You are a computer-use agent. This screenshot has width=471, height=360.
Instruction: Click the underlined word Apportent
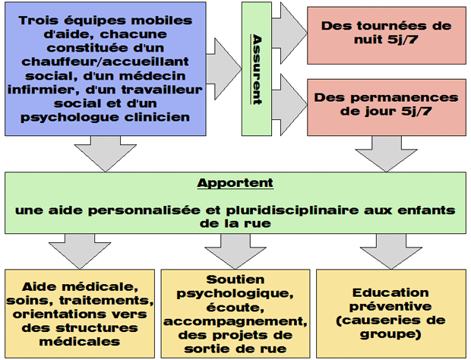(235, 183)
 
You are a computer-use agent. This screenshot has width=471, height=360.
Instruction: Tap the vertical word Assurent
(257, 69)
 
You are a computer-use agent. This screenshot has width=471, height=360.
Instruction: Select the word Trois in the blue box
(38, 21)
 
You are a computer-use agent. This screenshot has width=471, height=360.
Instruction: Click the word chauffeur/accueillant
(105, 62)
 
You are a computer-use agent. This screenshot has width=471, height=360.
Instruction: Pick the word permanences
(405, 97)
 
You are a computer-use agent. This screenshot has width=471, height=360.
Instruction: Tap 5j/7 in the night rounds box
(403, 39)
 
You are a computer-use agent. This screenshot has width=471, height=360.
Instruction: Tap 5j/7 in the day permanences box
(416, 112)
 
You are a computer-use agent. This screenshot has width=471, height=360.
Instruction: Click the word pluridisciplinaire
(292, 210)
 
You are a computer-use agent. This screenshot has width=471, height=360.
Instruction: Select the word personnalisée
(144, 210)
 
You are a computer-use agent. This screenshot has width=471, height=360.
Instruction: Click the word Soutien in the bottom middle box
(235, 279)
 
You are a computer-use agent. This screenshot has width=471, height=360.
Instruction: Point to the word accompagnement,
(235, 321)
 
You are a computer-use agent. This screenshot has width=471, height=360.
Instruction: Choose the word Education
(390, 292)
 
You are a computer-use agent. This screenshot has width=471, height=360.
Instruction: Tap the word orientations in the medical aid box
(58, 314)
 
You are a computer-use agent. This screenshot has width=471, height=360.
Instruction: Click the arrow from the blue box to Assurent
(224, 69)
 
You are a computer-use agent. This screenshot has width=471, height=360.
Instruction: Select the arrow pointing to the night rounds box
(289, 33)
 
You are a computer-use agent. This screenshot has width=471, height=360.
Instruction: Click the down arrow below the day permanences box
(386, 153)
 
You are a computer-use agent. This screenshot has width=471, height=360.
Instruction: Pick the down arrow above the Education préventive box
(390, 251)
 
